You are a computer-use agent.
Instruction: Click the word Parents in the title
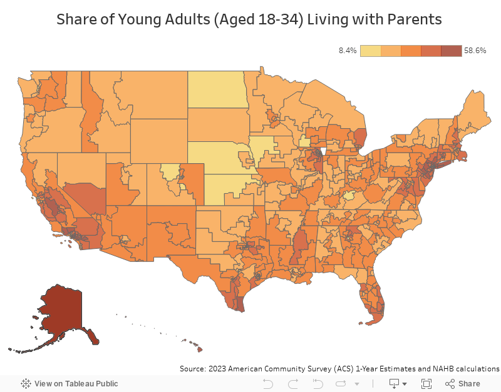pyautogui.click(x=415, y=20)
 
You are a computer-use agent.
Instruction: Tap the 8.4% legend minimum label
pyautogui.click(x=348, y=51)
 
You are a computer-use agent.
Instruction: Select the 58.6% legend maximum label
pyautogui.click(x=475, y=51)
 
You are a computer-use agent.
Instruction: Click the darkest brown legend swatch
pyautogui.click(x=451, y=51)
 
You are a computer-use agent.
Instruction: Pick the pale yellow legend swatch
pyautogui.click(x=371, y=51)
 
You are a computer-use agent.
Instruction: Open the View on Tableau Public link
pyautogui.click(x=70, y=383)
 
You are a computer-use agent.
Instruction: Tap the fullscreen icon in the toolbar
pyautogui.click(x=426, y=383)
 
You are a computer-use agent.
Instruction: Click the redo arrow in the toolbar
pyautogui.click(x=292, y=383)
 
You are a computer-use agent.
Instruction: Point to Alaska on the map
pyautogui.click(x=59, y=313)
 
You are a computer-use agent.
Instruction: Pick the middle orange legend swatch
pyautogui.click(x=411, y=51)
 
